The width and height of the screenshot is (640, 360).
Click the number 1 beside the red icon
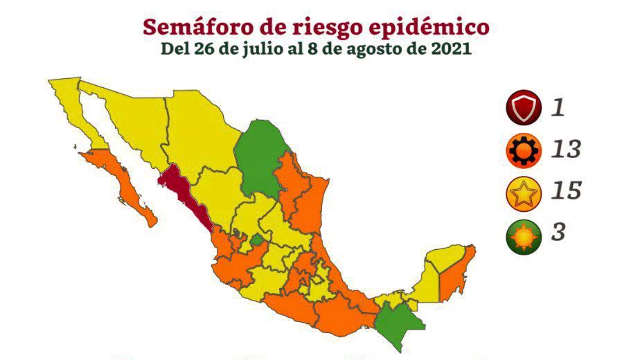coord(558,108)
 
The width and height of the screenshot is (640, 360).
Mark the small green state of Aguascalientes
coord(257,240)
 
